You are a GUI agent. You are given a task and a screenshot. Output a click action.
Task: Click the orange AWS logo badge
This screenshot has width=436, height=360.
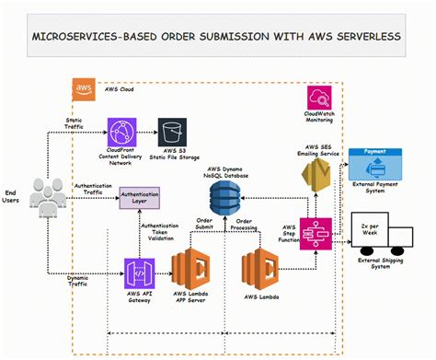coord(83,89)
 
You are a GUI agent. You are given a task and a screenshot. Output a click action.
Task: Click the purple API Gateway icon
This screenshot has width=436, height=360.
coord(140,273)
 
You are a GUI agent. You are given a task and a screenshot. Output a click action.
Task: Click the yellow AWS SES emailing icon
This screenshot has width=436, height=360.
coord(319,172)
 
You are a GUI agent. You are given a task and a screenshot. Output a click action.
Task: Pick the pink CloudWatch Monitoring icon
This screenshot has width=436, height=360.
coord(321,97)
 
